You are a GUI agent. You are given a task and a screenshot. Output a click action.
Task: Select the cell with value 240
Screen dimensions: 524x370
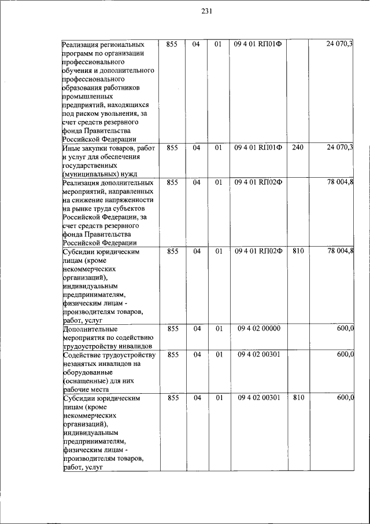pyautogui.click(x=298, y=148)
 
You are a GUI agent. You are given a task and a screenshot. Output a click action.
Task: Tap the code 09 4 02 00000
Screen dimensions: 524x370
pyautogui.click(x=258, y=328)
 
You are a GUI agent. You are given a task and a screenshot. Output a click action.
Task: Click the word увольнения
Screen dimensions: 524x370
pyautogui.click(x=110, y=113)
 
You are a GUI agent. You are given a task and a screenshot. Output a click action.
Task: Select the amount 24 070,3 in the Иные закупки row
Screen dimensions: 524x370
pyautogui.click(x=339, y=148)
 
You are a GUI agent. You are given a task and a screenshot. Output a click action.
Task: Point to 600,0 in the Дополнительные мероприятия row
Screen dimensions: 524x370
pyautogui.click(x=345, y=328)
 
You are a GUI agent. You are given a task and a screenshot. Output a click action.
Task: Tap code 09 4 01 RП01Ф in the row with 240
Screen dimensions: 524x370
pyautogui.click(x=258, y=148)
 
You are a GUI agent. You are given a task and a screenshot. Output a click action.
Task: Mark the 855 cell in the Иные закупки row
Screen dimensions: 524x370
pyautogui.click(x=172, y=148)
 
